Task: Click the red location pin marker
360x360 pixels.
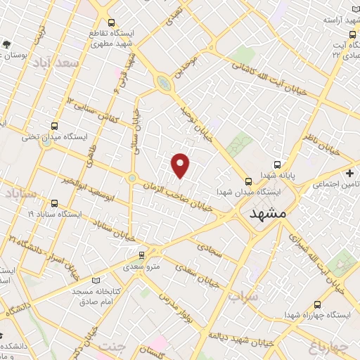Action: pyautogui.click(x=181, y=165)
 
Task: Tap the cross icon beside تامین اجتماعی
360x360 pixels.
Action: pyautogui.click(x=350, y=173)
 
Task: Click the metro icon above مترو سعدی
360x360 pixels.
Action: pyautogui.click(x=143, y=255)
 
